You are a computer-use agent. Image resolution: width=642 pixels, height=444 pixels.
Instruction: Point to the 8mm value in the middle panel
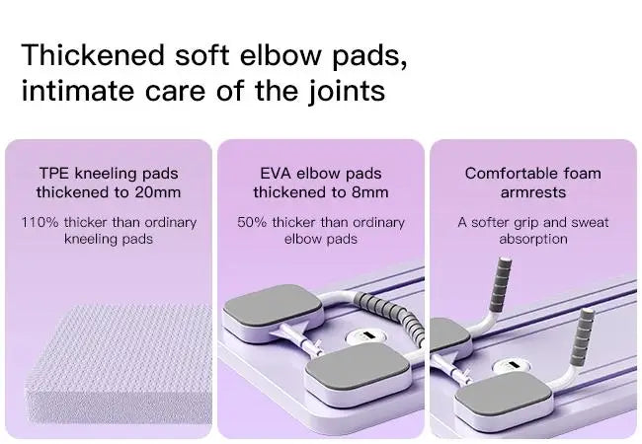[x=370, y=192]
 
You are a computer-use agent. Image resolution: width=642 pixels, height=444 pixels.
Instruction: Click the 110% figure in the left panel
[x=40, y=222]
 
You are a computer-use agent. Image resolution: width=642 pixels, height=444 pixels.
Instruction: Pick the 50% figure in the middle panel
[x=254, y=222]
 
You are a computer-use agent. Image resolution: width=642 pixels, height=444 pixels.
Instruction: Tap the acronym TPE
[x=55, y=174]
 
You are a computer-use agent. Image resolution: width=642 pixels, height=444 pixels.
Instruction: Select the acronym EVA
[x=276, y=174]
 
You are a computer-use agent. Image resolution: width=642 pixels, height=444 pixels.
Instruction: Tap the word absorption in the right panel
[x=532, y=239]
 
